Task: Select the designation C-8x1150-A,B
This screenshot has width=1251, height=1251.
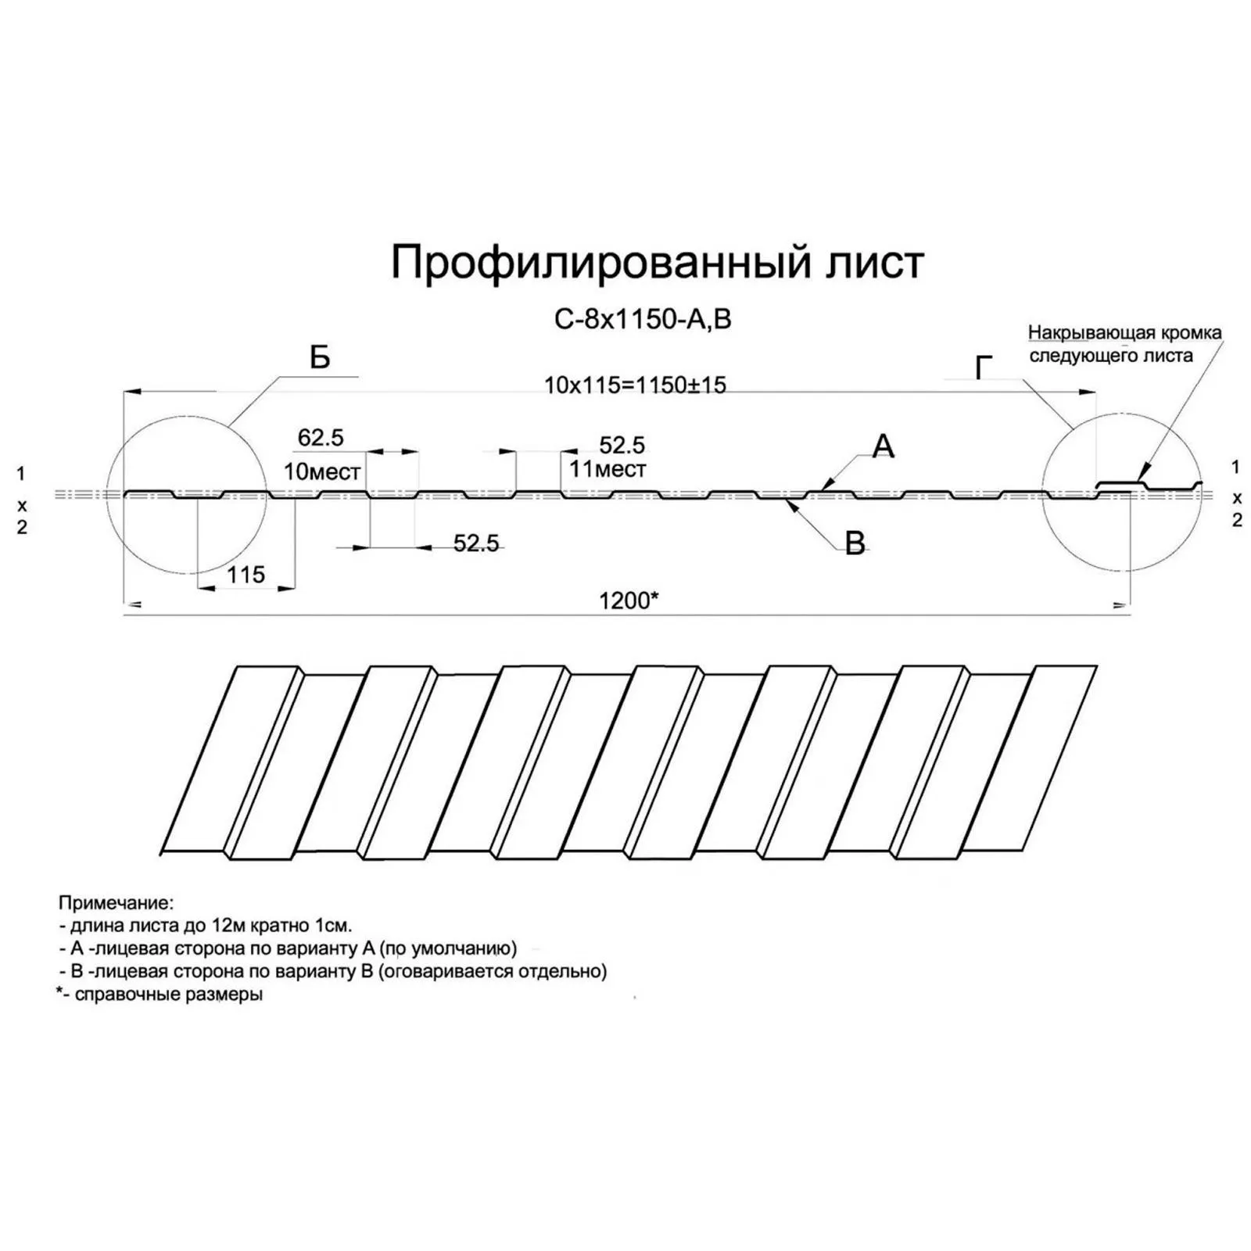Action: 643,320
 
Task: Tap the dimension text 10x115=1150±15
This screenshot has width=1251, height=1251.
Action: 635,385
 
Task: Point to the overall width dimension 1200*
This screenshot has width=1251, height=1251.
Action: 629,600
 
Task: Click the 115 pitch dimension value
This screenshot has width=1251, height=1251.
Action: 246,575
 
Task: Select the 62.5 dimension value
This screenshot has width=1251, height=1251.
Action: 321,438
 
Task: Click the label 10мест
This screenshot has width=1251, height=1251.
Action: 322,471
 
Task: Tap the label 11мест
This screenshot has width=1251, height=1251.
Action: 608,469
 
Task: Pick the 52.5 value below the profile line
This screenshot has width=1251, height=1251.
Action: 476,543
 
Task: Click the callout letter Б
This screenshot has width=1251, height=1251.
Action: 320,358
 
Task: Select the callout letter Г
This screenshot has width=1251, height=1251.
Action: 984,367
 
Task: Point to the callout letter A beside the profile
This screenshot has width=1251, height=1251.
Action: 883,446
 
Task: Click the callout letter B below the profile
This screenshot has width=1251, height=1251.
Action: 855,543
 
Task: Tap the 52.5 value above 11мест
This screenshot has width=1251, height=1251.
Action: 622,446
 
